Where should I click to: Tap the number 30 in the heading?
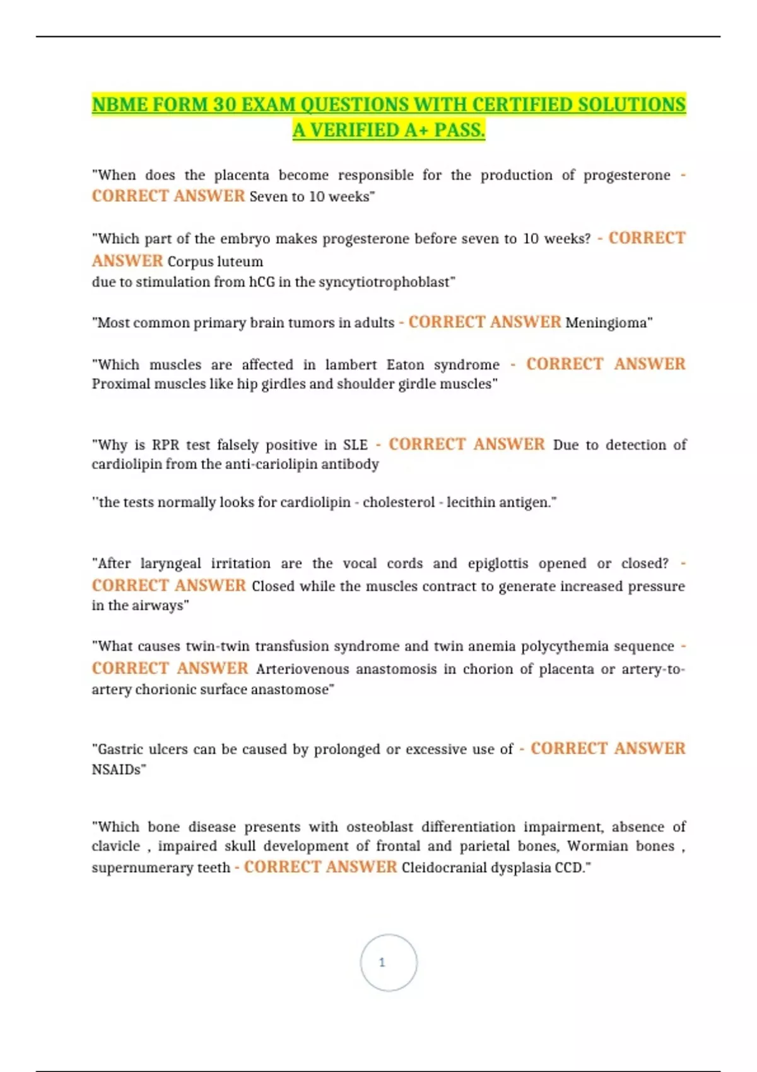point(225,105)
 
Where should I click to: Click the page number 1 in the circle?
point(382,962)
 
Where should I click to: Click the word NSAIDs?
point(119,769)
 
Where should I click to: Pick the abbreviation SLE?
point(355,445)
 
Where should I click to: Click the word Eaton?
point(405,364)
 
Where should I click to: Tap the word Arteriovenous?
point(302,669)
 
